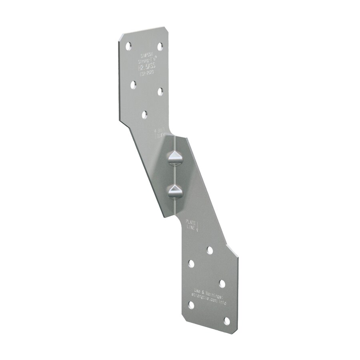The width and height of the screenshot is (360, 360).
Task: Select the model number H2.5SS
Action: click(147, 68)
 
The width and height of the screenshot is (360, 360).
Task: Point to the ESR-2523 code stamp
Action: click(147, 74)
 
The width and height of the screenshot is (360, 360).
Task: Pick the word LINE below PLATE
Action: click(190, 227)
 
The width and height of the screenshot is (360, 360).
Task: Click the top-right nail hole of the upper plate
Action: click(160, 46)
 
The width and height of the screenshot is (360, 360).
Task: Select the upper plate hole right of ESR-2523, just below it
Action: click(160, 92)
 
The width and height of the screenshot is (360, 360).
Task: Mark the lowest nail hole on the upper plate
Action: click(144, 115)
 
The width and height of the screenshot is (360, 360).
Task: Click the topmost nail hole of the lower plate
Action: click(210, 250)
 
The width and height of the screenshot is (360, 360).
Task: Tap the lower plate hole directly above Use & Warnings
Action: click(222, 283)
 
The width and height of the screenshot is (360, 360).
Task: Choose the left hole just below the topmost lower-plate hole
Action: click(191, 264)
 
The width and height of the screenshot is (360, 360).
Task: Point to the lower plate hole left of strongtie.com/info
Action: click(191, 306)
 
